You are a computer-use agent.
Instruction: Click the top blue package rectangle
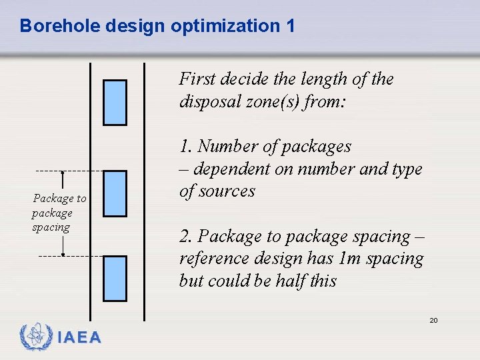point(115,103)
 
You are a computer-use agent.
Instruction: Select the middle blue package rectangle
point(115,193)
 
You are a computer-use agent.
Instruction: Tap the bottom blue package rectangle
point(115,279)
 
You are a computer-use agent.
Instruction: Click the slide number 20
point(433,321)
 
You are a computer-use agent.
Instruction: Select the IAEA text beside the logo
point(79,338)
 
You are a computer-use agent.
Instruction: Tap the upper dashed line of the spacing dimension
point(70,171)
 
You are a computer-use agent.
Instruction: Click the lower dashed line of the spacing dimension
point(70,256)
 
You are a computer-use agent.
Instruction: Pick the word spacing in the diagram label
point(51,227)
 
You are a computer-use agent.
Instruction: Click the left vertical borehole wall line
point(91,200)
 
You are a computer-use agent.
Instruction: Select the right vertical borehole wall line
point(145,200)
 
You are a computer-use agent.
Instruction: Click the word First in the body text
point(198,79)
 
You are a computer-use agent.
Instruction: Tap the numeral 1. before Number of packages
point(186,146)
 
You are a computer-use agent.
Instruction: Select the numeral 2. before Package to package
point(187,237)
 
